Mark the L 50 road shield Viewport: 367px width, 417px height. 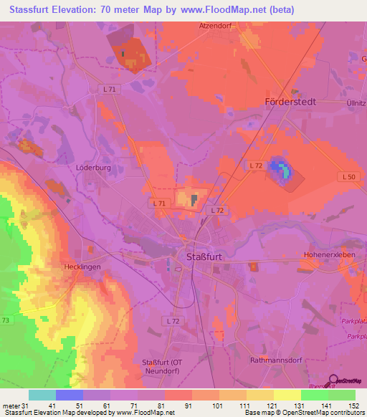click(x=347, y=176)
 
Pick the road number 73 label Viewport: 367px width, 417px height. click(x=6, y=320)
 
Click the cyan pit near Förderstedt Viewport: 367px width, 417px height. click(x=287, y=171)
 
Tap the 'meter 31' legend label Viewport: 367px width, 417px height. click(x=15, y=405)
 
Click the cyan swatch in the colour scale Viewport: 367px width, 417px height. click(x=42, y=395)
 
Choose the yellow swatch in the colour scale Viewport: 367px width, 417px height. click(x=287, y=395)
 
